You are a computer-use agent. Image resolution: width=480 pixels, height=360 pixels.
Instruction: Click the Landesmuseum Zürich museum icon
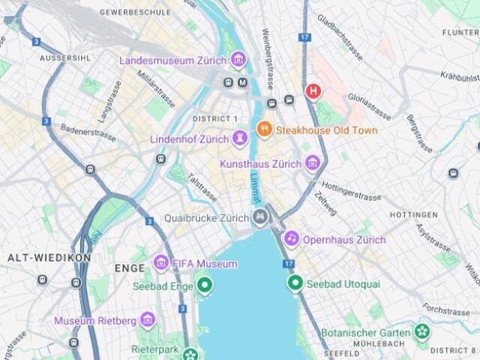tap(238, 58)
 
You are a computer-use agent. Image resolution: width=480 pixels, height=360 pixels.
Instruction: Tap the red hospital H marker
tap(313, 91)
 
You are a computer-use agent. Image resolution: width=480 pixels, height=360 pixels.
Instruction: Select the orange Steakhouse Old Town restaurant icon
tap(264, 130)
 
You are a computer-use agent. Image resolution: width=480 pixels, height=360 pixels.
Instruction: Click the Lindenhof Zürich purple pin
tap(240, 138)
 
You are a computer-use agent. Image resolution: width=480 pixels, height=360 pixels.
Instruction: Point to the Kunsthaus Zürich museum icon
tap(313, 163)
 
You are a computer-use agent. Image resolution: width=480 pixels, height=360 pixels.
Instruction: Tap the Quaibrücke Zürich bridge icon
tap(260, 217)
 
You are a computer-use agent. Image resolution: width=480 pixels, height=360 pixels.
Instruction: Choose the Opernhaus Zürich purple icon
tap(291, 239)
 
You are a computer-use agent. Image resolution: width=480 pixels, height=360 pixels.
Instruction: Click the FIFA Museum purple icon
tap(160, 263)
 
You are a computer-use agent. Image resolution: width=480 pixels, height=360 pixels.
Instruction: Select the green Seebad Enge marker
tap(203, 285)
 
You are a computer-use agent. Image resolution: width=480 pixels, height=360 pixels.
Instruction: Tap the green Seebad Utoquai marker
tap(295, 283)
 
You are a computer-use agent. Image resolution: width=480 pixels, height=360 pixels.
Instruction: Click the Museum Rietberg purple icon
tap(148, 320)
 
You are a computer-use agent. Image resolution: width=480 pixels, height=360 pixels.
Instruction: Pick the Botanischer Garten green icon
tap(423, 332)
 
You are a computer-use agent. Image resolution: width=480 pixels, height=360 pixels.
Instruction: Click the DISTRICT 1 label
tap(214, 119)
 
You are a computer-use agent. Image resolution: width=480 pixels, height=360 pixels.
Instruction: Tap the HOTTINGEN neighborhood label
tap(414, 214)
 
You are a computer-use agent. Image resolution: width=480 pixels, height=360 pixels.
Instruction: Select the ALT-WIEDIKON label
tap(49, 257)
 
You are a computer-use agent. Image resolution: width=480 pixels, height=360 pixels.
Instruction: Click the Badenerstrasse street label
tap(88, 133)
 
